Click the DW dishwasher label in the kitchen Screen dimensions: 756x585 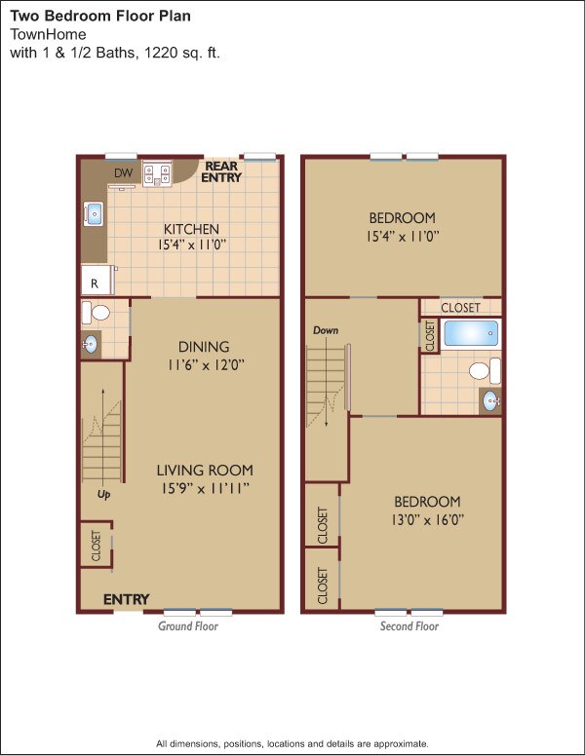(123, 173)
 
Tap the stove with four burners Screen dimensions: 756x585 (156, 174)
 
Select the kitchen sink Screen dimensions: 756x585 (95, 213)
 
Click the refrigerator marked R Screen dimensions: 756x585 (95, 283)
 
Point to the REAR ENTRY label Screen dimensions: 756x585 (221, 171)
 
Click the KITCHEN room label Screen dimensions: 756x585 (191, 230)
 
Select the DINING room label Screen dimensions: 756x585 (204, 347)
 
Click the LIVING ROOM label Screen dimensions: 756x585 (205, 470)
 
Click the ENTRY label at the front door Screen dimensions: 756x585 (127, 599)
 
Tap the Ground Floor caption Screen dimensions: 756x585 (188, 626)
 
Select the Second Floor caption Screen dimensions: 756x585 (409, 626)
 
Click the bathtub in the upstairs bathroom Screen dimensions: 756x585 (471, 334)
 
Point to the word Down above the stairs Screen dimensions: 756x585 (326, 330)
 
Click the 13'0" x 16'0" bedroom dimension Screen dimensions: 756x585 (422, 520)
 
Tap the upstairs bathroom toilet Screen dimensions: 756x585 (481, 371)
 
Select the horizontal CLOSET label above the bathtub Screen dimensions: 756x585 (460, 307)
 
